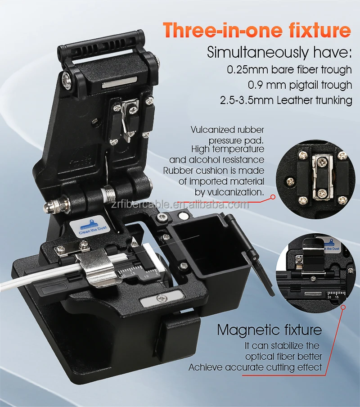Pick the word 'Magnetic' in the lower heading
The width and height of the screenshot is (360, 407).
[247, 330]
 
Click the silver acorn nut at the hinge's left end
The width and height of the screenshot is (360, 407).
[49, 206]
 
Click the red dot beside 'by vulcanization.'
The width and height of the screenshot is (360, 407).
[273, 197]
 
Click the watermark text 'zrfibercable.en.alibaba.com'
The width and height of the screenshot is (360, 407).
[180, 205]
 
